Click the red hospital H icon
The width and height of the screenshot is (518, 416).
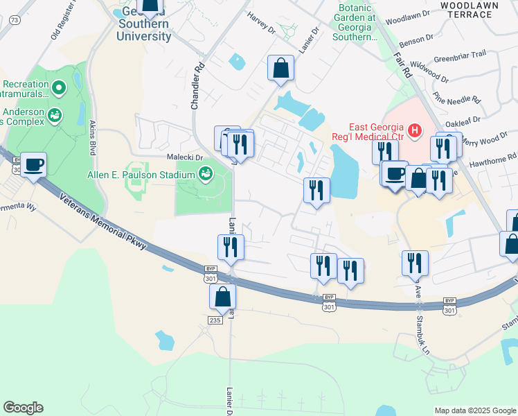[x=415, y=130]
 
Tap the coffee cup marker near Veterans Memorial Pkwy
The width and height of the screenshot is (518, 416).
[x=33, y=166]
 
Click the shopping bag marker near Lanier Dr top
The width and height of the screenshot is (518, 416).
[x=281, y=69]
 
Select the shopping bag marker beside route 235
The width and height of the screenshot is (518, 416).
[x=223, y=297]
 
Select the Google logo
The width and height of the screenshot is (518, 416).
[x=23, y=408]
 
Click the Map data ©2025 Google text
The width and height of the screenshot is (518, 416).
[x=474, y=410]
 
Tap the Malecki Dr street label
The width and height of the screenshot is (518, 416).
[x=184, y=157]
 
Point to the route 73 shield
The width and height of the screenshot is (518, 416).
[x=15, y=20]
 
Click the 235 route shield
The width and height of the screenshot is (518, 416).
[x=214, y=318]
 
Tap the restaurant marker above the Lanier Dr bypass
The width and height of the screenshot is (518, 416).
[x=231, y=248]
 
